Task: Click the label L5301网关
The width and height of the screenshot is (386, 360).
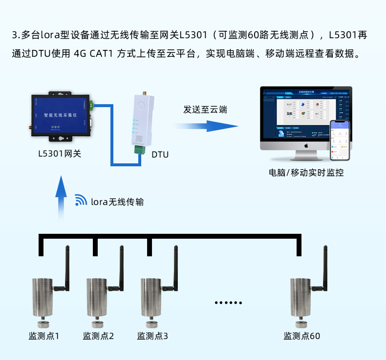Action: [60, 154]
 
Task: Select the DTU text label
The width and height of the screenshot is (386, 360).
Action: [160, 155]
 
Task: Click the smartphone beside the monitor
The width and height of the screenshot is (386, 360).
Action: [341, 140]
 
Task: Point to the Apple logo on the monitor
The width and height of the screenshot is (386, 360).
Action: [306, 145]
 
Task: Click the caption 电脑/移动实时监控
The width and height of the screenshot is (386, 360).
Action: [306, 173]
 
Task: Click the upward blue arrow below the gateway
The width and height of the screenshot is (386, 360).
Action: [61, 196]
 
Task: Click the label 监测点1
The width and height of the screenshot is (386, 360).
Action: [44, 336]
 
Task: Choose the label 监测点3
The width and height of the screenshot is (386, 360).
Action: [152, 336]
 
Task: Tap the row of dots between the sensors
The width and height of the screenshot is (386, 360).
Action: [229, 303]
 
